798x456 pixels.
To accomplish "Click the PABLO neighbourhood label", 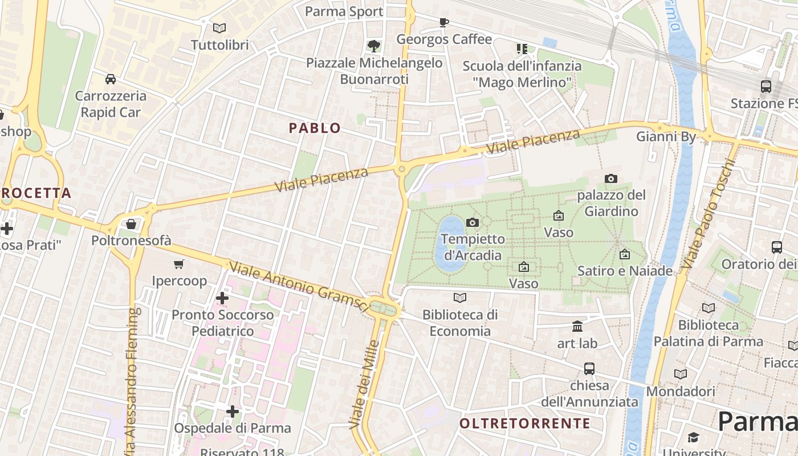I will pyautogui.click(x=315, y=128).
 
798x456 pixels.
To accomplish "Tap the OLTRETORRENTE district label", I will pyautogui.click(x=524, y=423).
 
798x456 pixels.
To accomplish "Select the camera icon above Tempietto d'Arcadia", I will pyautogui.click(x=473, y=222).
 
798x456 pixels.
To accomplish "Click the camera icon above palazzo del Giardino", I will pyautogui.click(x=611, y=179).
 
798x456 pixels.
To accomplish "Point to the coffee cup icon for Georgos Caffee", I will pyautogui.click(x=443, y=23).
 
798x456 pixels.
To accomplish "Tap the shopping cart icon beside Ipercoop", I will pyautogui.click(x=179, y=264).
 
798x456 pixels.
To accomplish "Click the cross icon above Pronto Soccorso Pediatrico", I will pyautogui.click(x=222, y=298).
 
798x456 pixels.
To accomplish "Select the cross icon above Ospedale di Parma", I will pyautogui.click(x=232, y=411).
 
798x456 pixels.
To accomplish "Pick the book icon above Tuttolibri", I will pyautogui.click(x=219, y=28).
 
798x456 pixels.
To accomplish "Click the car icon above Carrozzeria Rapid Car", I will pyautogui.click(x=111, y=79).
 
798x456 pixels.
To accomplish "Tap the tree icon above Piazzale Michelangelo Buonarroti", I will pyautogui.click(x=374, y=46).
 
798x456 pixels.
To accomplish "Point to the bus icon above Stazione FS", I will pyautogui.click(x=766, y=87).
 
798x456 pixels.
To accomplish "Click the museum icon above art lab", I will pyautogui.click(x=577, y=326).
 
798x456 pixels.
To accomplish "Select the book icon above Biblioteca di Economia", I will pyautogui.click(x=460, y=298).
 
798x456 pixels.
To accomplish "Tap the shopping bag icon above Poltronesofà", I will pyautogui.click(x=131, y=224).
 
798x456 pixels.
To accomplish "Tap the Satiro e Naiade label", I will pyautogui.click(x=625, y=271).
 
